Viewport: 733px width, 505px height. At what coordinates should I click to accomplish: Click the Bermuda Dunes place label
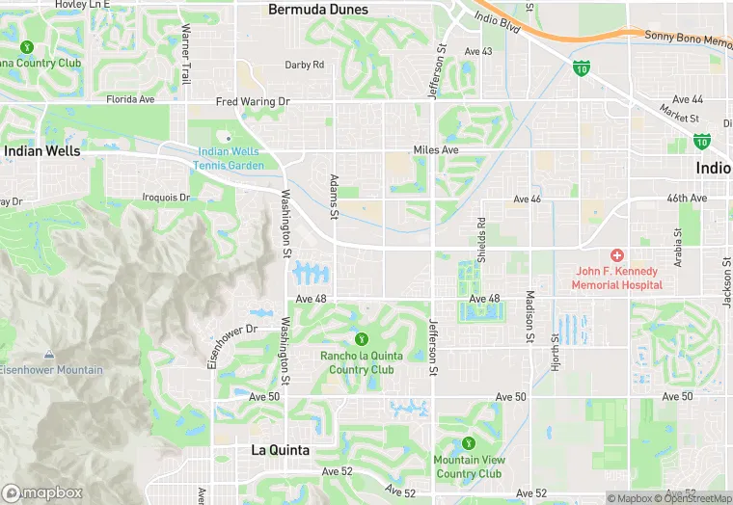317,10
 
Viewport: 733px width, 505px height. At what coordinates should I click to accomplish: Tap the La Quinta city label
280,450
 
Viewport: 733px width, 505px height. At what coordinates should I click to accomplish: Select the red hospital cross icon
616,254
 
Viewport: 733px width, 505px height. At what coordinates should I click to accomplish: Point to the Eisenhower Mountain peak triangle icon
50,356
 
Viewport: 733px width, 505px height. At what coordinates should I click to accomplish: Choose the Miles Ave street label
435,150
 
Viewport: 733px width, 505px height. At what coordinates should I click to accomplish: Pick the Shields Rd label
480,234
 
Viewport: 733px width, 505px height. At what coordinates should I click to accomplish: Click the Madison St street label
529,316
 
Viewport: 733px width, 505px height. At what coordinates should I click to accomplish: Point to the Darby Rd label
304,65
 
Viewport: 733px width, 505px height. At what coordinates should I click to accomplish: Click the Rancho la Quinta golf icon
362,338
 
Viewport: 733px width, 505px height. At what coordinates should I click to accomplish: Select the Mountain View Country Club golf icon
469,443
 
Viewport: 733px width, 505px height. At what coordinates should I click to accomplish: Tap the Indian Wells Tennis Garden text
231,158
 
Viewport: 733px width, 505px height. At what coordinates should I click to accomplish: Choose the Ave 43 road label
478,51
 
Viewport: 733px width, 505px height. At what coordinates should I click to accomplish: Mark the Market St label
679,115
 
